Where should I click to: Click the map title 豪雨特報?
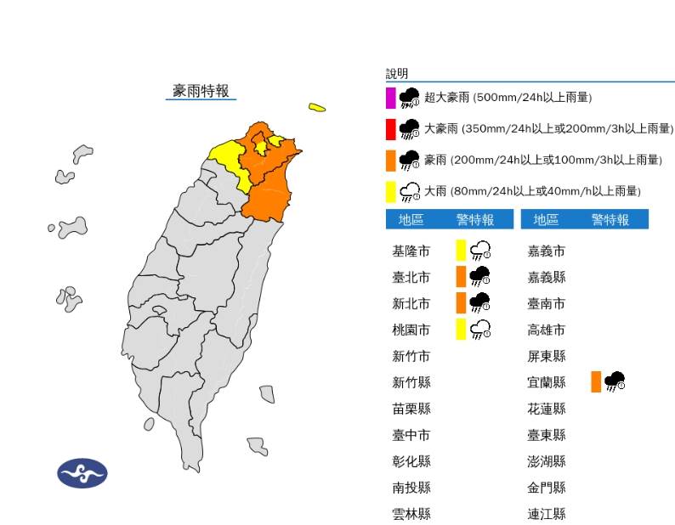tap(201, 91)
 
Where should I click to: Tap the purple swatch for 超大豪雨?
tap(390, 98)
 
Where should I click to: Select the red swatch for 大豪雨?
tap(390, 128)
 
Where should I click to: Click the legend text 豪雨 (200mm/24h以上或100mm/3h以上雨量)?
tap(542, 160)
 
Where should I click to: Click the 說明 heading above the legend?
tap(397, 74)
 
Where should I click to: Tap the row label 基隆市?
tap(411, 251)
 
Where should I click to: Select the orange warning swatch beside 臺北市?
tap(461, 276)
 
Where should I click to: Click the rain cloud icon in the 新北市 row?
tap(480, 302)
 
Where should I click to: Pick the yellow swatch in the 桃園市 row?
tap(461, 329)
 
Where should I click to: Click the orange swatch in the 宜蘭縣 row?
tap(596, 381)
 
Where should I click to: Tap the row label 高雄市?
tap(547, 330)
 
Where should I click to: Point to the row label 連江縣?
tap(547, 513)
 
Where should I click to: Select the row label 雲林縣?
tap(411, 513)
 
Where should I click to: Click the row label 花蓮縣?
tap(547, 409)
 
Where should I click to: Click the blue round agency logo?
tap(82, 472)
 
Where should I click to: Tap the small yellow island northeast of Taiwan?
tap(317, 107)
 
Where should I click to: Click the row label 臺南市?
tap(547, 303)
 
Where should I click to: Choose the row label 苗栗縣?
tap(411, 409)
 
